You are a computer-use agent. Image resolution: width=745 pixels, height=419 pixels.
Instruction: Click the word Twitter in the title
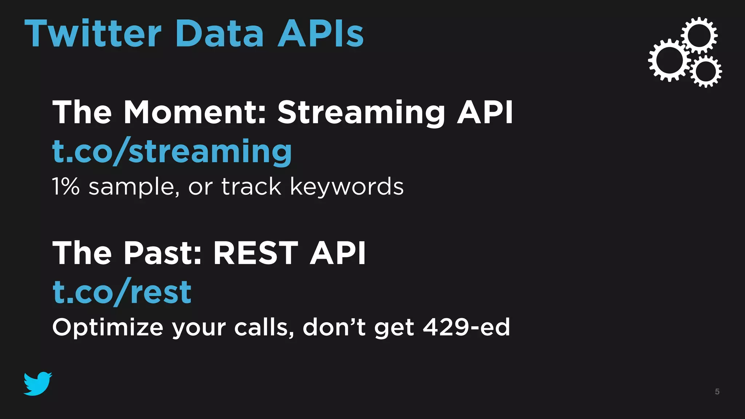93,34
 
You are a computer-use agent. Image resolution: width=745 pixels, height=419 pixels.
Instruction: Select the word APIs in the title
320,34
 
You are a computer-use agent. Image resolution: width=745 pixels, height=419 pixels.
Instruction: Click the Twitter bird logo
38,383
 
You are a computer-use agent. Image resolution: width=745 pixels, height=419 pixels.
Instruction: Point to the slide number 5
717,392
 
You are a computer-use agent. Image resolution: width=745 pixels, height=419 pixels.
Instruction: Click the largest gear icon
669,60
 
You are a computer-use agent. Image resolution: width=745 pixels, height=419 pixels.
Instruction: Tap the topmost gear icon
699,35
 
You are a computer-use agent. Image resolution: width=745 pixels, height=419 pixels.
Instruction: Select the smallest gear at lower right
706,71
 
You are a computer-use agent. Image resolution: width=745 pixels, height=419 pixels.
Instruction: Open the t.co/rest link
122,292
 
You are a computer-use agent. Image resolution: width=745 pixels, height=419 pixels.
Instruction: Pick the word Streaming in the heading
361,112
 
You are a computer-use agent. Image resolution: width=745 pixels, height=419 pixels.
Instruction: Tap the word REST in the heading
255,253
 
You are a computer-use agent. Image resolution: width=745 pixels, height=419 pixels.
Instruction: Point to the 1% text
65,187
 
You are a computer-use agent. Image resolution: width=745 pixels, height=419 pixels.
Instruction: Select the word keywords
347,187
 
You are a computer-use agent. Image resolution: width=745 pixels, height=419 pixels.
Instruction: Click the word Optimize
108,328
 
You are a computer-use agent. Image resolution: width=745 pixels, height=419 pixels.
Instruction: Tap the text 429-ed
466,327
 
